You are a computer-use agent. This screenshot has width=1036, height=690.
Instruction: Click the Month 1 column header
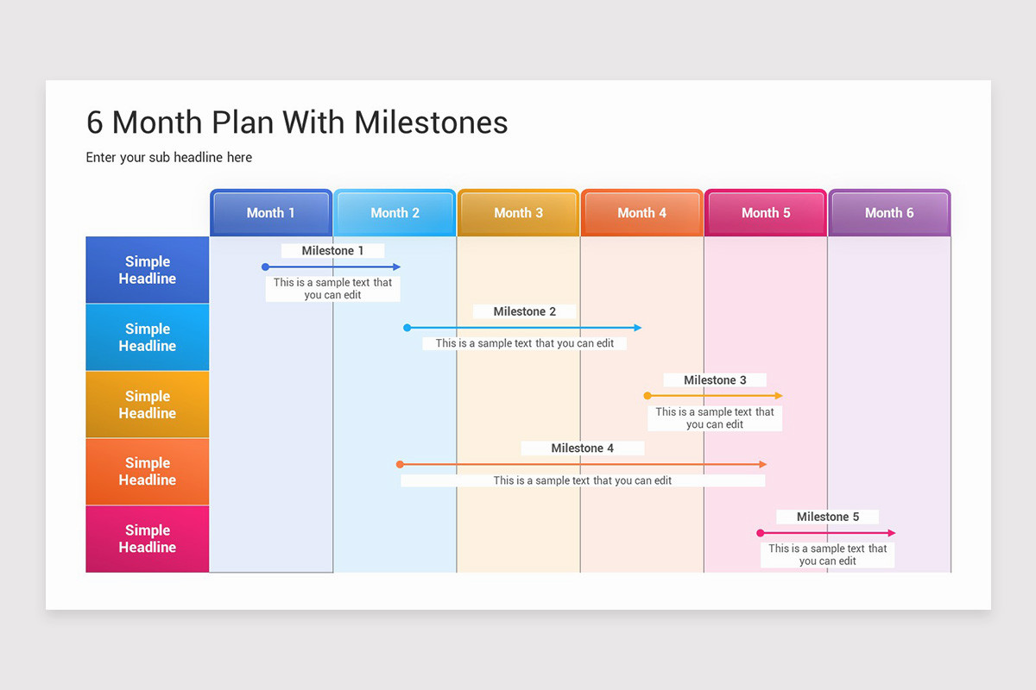click(x=271, y=213)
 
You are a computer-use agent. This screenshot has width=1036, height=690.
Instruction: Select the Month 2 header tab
click(x=395, y=213)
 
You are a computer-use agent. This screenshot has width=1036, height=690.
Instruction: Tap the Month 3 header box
click(x=518, y=213)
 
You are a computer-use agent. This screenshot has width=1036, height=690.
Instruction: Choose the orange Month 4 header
click(x=641, y=213)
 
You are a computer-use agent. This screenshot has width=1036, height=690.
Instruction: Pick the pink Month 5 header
click(x=766, y=213)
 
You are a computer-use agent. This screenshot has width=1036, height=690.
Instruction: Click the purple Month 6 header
click(x=889, y=213)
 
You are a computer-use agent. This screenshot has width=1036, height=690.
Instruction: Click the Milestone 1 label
click(x=332, y=251)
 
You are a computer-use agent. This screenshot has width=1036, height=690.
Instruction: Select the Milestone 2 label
click(x=524, y=311)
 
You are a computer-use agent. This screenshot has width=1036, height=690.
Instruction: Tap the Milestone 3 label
click(x=715, y=380)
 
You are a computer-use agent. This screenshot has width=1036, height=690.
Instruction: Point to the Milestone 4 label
click(x=582, y=448)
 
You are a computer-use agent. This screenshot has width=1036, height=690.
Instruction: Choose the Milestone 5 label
click(x=827, y=517)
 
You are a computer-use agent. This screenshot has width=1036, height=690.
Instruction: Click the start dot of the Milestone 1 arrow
click(x=265, y=267)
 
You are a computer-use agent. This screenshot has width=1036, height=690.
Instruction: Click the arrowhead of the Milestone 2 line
click(x=638, y=328)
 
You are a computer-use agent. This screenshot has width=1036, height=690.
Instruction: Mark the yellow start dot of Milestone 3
click(x=647, y=396)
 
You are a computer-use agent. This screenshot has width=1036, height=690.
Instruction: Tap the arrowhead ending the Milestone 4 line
click(x=762, y=464)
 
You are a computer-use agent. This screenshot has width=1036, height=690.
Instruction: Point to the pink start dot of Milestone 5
click(x=761, y=533)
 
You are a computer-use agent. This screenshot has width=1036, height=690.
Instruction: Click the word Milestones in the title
click(x=431, y=122)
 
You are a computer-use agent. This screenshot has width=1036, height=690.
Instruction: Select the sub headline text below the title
click(x=169, y=157)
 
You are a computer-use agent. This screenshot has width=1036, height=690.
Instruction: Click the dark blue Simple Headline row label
click(x=148, y=270)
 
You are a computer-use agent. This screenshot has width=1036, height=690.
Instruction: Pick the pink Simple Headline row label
click(x=148, y=539)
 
